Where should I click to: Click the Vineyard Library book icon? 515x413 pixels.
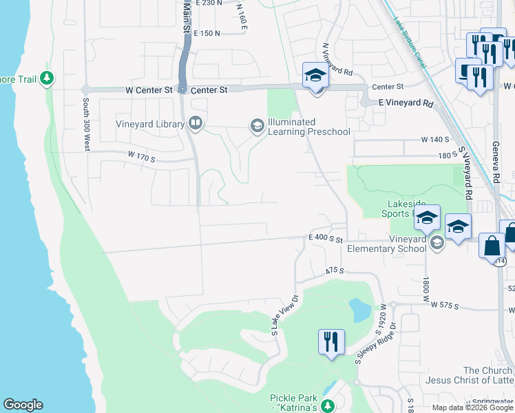(x=196, y=123)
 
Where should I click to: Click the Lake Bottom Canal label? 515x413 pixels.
(x=411, y=45)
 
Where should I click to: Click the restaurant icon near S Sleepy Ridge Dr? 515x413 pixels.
(x=331, y=341)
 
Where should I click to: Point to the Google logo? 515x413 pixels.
(x=23, y=405)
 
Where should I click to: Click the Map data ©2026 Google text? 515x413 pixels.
(x=472, y=407)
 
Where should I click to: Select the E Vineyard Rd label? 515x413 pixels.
(x=406, y=103)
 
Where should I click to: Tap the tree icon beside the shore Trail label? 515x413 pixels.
(x=47, y=78)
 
